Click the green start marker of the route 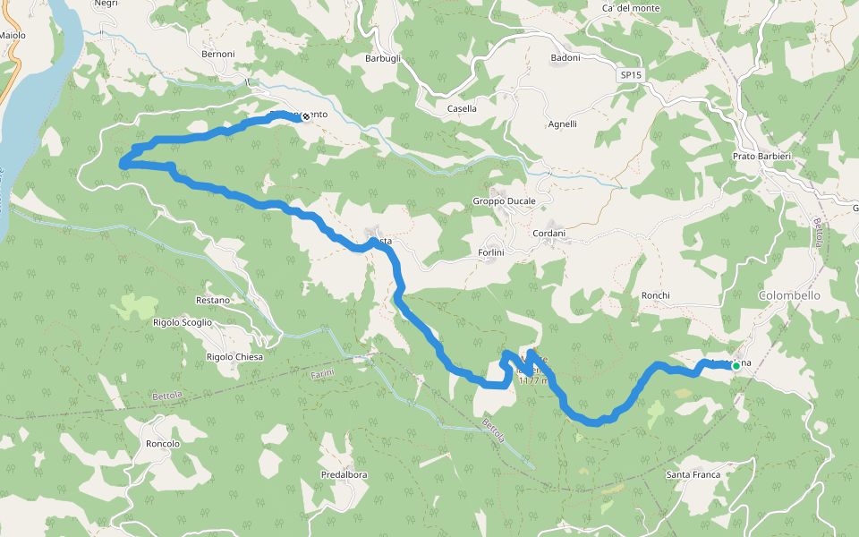pyautogui.click(x=736, y=365)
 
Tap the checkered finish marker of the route pyautogui.click(x=306, y=115)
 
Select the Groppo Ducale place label pyautogui.click(x=504, y=201)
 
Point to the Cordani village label pyautogui.click(x=549, y=234)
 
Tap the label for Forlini pyautogui.click(x=492, y=252)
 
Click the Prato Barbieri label pyautogui.click(x=761, y=157)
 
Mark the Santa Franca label pyautogui.click(x=693, y=474)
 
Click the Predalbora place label pyautogui.click(x=344, y=475)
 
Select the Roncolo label pyautogui.click(x=162, y=444)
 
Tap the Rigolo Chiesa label pyautogui.click(x=234, y=357)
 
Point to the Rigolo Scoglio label pyautogui.click(x=183, y=322)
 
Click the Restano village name pyautogui.click(x=212, y=300)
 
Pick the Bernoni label pyautogui.click(x=217, y=54)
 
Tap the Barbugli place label pyautogui.click(x=382, y=58)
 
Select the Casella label pyautogui.click(x=462, y=109)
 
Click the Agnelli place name pyautogui.click(x=562, y=124)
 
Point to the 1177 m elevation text pyautogui.click(x=535, y=380)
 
